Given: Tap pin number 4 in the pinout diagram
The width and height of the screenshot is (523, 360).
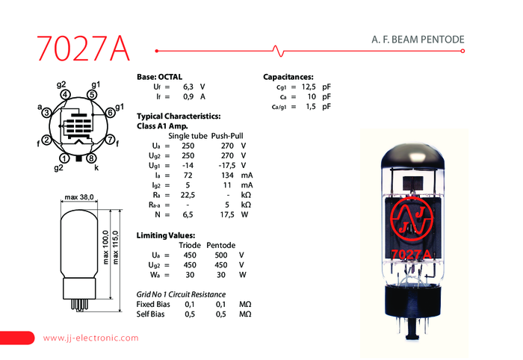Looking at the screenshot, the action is (x=66, y=95).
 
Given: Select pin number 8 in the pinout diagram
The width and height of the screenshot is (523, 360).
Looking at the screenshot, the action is (x=90, y=158).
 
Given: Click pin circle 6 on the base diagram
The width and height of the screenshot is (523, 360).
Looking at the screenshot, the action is (x=109, y=112).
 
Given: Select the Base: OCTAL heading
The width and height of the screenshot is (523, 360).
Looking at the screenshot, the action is (x=159, y=77).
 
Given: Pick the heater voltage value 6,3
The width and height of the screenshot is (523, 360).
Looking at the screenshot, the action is (x=188, y=87).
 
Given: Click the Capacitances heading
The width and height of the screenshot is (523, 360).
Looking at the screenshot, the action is (x=288, y=77).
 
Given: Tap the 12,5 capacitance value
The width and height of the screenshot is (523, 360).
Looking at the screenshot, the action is (x=309, y=87).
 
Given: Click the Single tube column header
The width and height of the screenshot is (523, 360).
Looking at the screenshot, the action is (x=188, y=135).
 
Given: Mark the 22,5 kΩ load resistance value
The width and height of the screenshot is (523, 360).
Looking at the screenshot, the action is (x=188, y=193).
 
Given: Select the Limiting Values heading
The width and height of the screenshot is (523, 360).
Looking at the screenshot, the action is (x=167, y=235).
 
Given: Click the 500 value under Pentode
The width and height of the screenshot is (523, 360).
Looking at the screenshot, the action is (x=220, y=254).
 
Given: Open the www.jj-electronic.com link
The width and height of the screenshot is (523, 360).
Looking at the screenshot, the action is (x=91, y=338).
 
